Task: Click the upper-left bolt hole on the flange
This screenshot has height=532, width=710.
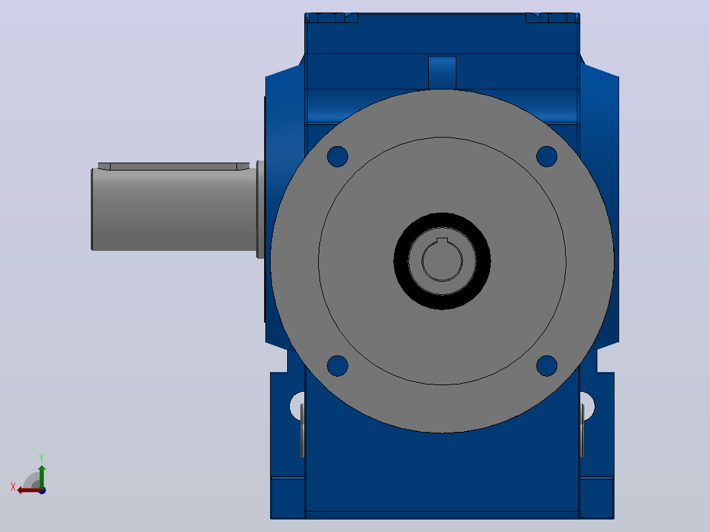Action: (337, 157)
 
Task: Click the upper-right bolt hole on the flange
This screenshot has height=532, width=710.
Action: (547, 157)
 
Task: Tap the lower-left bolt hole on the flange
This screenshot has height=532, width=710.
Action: (337, 366)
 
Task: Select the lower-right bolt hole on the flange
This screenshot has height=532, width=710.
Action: (547, 366)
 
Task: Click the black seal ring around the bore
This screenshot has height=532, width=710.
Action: (442, 218)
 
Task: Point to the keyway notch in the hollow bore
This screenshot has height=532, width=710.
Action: (442, 240)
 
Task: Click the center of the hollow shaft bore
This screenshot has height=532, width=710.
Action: (442, 261)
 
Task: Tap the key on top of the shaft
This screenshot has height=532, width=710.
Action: (173, 166)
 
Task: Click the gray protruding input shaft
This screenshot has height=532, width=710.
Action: (175, 209)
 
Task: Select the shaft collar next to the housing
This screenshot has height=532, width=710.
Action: (260, 209)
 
